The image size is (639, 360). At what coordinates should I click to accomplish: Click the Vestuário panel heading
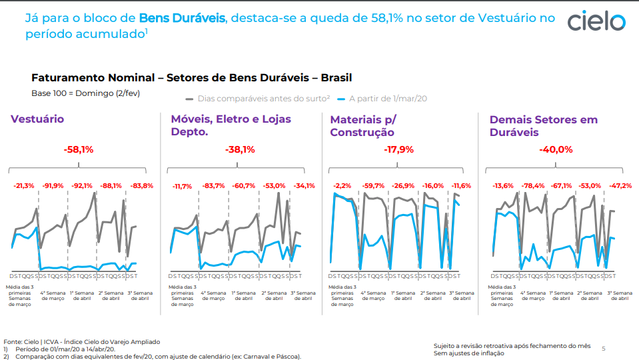37,119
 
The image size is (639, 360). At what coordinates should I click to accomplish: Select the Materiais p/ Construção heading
363,125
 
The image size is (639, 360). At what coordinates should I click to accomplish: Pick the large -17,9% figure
398,149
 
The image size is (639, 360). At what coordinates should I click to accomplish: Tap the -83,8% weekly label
141,186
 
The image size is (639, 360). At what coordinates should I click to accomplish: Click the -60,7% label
244,186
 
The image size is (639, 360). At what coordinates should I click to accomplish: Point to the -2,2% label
342,186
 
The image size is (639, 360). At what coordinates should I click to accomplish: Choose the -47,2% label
621,186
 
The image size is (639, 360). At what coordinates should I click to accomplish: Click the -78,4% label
533,186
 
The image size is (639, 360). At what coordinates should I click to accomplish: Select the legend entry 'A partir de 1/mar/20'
382,99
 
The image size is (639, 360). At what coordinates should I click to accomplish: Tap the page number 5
604,348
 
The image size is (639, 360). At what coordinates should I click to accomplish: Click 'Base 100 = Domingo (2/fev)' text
85,93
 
